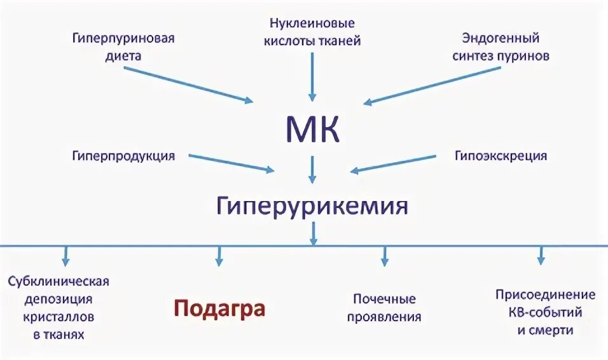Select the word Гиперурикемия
point(311,206)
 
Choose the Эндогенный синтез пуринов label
point(501,46)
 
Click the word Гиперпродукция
point(123,155)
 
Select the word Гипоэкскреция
point(501,155)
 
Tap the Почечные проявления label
point(384,307)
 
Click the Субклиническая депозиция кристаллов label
point(59,307)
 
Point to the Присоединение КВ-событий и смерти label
point(545,312)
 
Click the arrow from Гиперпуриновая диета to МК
point(188,84)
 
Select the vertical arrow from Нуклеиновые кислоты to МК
point(312,76)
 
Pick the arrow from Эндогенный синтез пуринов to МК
point(432,84)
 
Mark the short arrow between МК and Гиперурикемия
point(312,170)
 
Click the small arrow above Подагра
point(219,256)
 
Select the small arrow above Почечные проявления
point(384,256)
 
